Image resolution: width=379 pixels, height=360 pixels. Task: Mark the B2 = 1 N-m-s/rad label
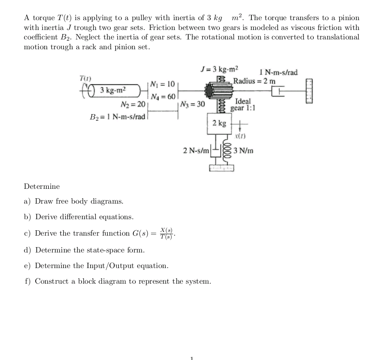point(118,117)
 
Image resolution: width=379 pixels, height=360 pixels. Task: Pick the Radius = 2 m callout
point(255,80)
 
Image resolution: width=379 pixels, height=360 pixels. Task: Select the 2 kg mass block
point(219,123)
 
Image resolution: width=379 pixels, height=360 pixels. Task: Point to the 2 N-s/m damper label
point(196,151)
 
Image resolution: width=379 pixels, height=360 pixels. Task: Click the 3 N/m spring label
point(244,151)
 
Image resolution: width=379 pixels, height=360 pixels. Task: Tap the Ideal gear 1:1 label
point(243,104)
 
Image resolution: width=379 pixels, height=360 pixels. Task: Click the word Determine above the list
point(42,186)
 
